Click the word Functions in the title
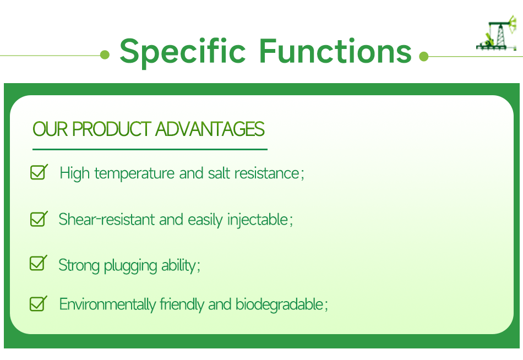[x=335, y=51]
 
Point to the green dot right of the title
[x=423, y=56]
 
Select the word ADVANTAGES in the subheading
[x=210, y=129]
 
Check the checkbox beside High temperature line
[x=38, y=173]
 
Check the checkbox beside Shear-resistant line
[x=38, y=219]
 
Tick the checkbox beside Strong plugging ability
[x=37, y=264]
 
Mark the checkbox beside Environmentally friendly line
[x=37, y=303]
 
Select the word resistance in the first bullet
[x=266, y=173]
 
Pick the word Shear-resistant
[x=107, y=220]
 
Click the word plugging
[x=130, y=266]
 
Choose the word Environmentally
[x=107, y=304]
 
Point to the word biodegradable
[x=279, y=304]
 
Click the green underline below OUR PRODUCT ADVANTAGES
[x=150, y=149]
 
